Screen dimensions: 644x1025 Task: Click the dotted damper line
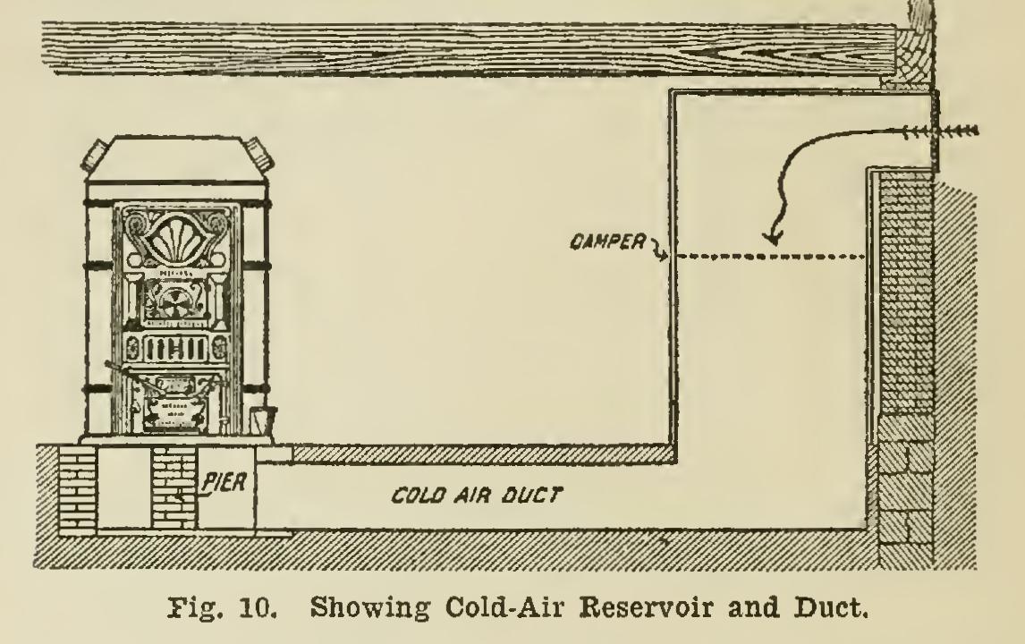769,258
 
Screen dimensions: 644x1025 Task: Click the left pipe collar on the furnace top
93,155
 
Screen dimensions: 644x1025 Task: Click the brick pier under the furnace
175,487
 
